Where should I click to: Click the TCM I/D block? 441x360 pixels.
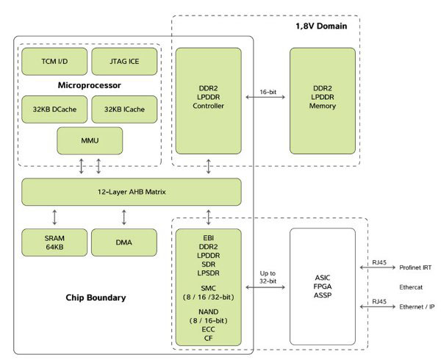click(54, 61)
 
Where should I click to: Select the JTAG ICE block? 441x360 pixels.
click(124, 61)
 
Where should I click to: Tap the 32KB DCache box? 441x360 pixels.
click(54, 109)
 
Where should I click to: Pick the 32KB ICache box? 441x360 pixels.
click(124, 109)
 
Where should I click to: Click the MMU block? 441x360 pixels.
click(90, 141)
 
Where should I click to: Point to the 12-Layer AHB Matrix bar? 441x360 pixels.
click(132, 192)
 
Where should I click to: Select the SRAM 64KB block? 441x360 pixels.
click(54, 242)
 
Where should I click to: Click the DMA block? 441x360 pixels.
click(124, 242)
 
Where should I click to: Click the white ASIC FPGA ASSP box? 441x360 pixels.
click(323, 287)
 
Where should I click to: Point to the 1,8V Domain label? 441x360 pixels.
click(320, 26)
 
